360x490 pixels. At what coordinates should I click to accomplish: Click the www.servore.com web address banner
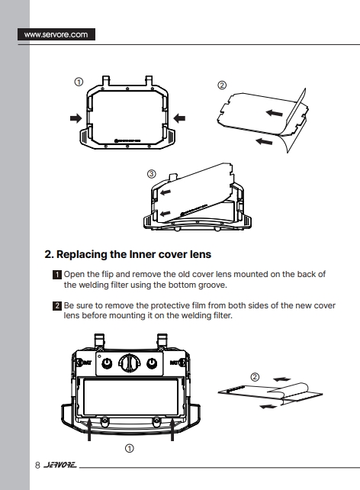56,34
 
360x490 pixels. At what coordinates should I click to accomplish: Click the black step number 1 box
57,275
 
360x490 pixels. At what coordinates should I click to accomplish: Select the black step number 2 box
57,305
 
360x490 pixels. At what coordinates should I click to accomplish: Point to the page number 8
37,466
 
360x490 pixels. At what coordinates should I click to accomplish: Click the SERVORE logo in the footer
60,465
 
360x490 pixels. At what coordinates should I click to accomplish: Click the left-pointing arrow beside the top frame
179,118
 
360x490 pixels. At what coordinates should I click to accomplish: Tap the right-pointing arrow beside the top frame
76,118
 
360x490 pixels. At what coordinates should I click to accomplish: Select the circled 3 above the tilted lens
152,174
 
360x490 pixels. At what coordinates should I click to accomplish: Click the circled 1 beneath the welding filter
129,449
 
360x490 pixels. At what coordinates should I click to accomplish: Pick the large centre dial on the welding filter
129,363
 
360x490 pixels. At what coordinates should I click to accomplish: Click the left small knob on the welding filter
107,363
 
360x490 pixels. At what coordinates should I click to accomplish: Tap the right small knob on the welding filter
152,363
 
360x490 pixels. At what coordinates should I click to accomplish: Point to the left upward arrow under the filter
89,430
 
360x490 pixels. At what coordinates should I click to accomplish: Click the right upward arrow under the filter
172,430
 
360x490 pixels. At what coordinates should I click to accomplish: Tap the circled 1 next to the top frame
79,82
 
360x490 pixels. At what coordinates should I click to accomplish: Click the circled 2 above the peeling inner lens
255,377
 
